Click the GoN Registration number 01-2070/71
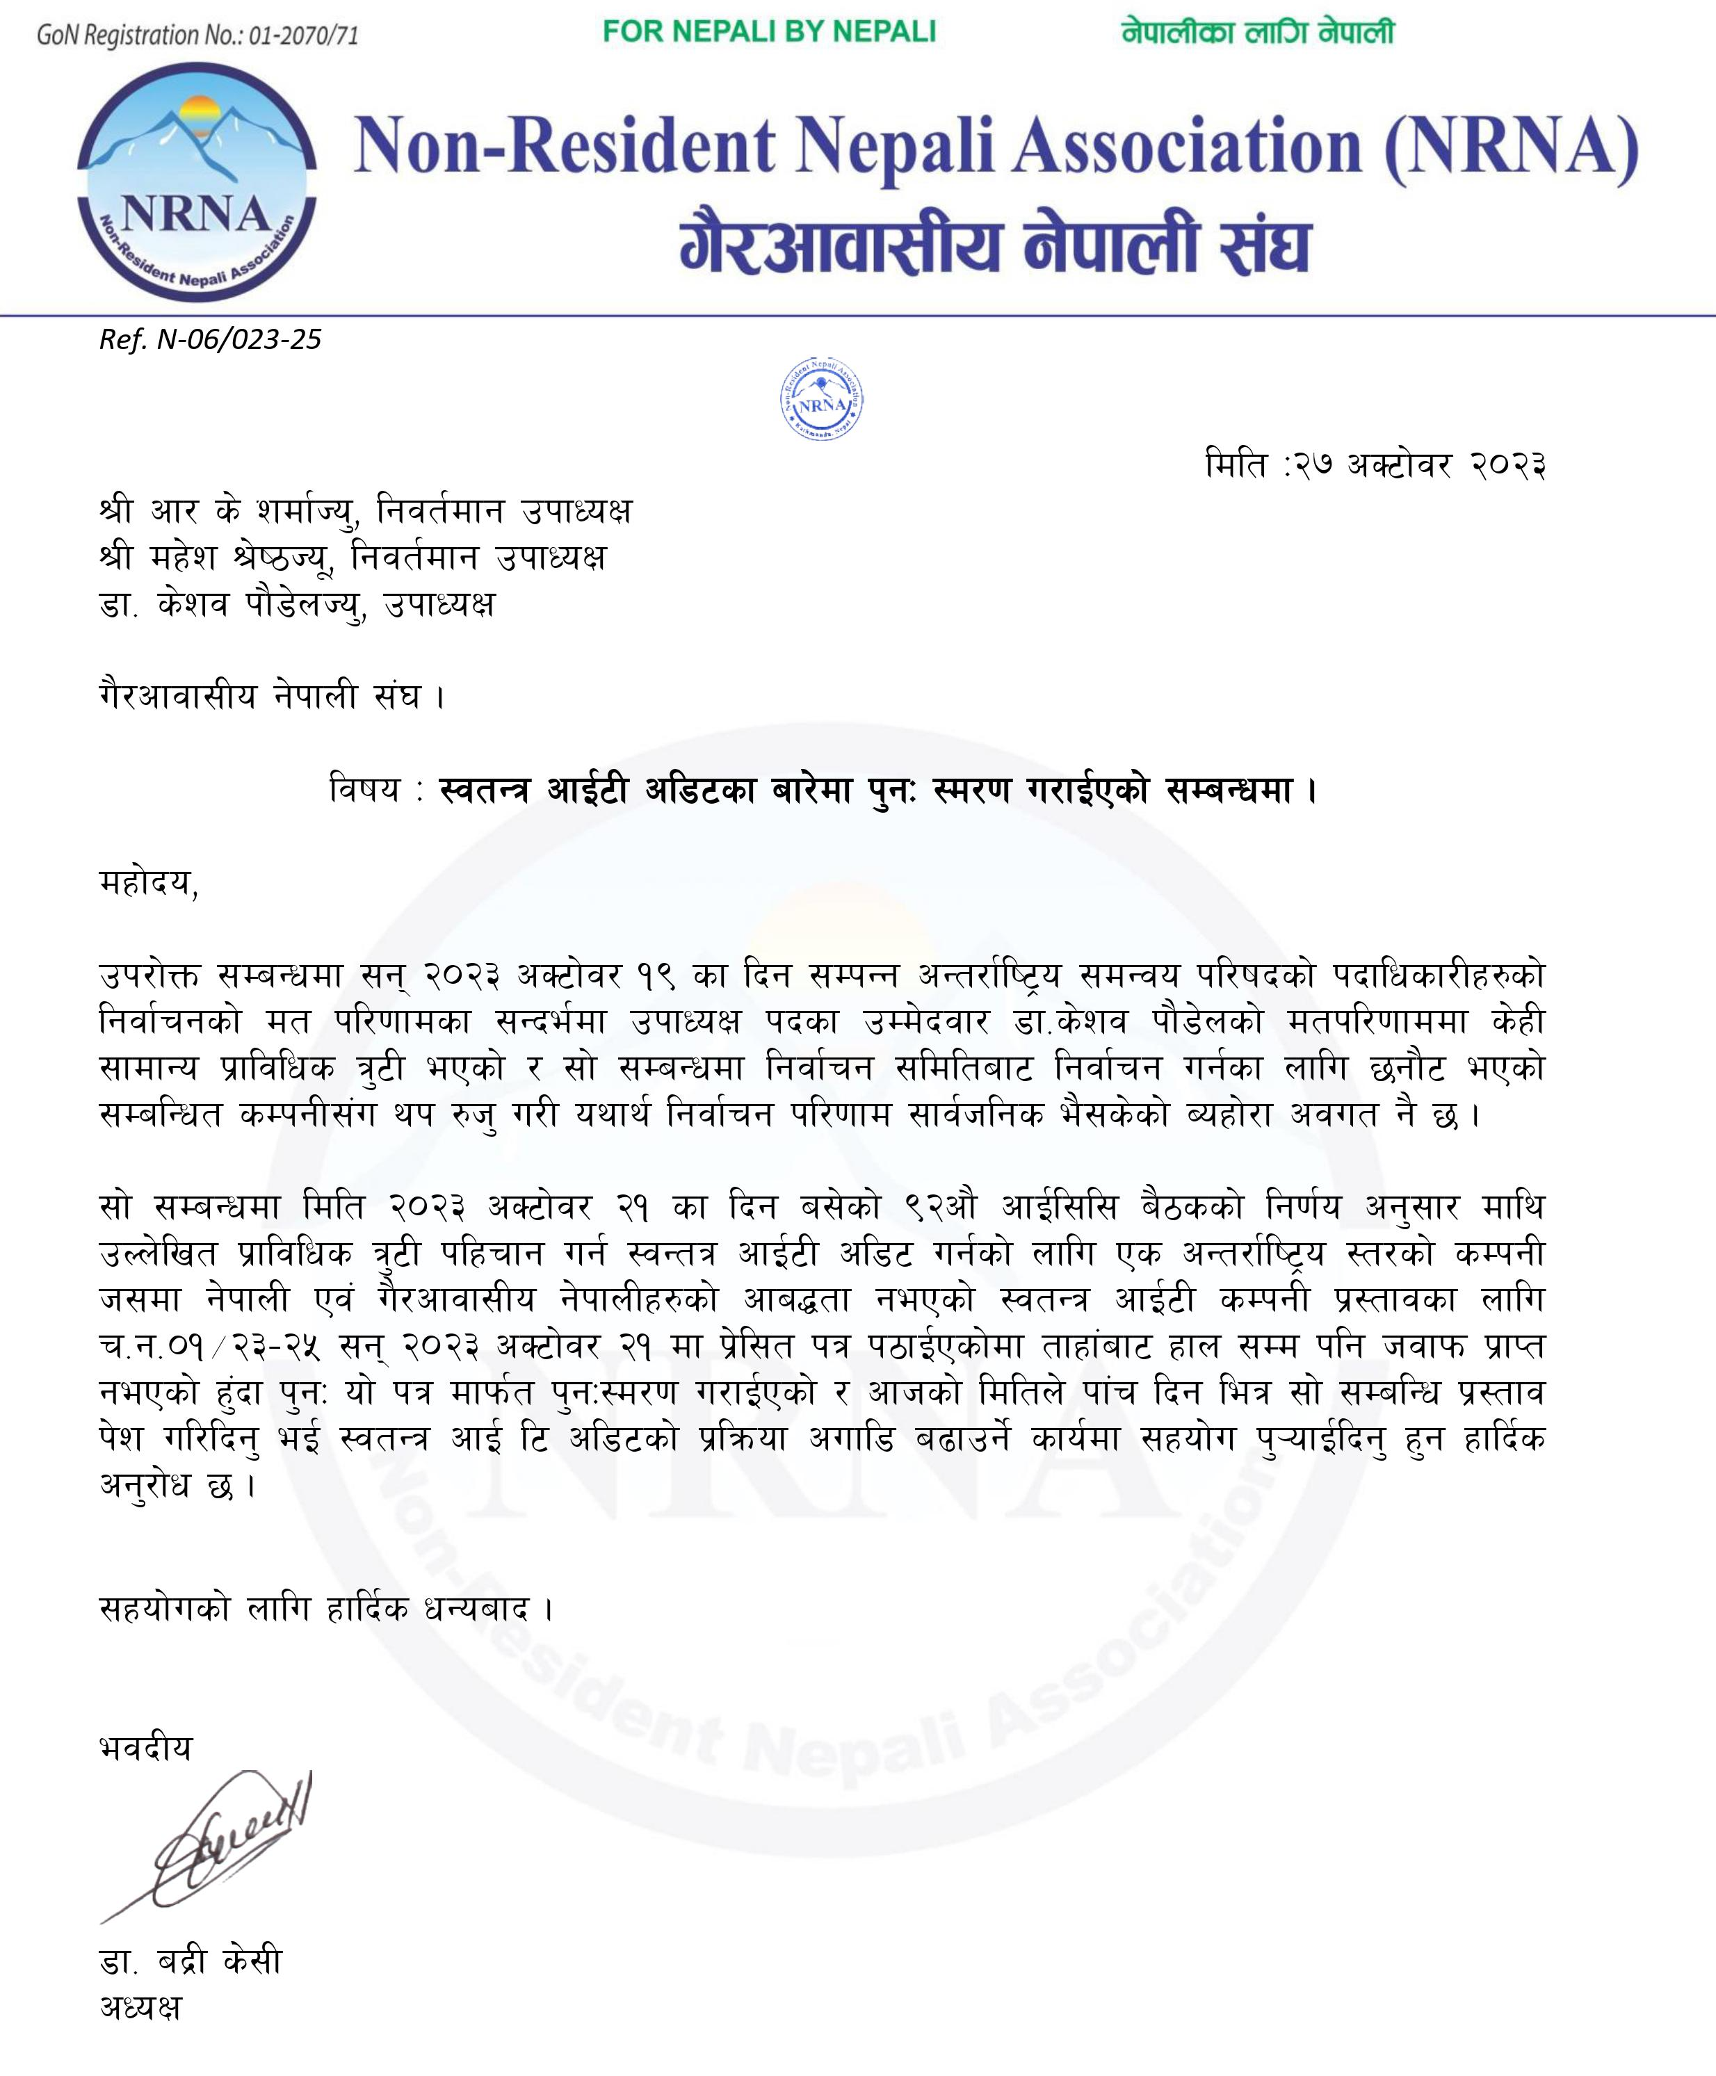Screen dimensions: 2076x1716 (x=197, y=35)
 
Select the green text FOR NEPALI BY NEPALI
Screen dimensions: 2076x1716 (x=769, y=32)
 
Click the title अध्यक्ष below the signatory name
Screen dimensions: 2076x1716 (x=140, y=2006)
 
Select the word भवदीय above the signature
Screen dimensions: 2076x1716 (x=146, y=1748)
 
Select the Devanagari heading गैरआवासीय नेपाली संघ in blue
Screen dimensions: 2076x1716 (x=994, y=247)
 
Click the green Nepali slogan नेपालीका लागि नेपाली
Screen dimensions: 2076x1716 (x=1257, y=32)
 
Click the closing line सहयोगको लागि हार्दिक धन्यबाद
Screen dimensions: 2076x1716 (x=326, y=1609)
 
